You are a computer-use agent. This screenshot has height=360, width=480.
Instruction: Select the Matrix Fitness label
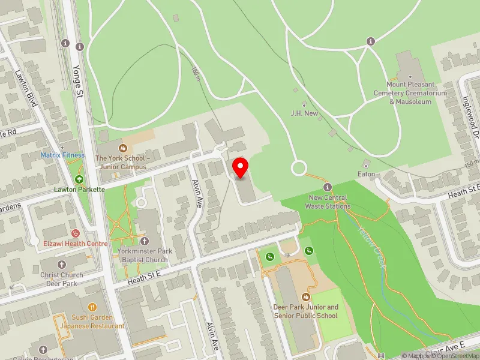pos(62,155)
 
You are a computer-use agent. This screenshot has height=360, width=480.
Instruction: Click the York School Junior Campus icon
pos(124,147)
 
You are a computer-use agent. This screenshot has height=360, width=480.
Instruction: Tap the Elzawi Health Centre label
pos(75,244)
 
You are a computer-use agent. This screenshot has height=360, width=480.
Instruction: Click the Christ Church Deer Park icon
pos(62,264)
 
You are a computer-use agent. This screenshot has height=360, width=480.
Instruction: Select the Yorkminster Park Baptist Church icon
pos(145,241)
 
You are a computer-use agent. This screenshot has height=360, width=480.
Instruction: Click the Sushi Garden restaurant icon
pos(92,307)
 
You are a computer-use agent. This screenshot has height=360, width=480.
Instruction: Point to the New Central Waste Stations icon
pos(328,187)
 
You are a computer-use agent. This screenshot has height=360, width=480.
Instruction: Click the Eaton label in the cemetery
pos(366,174)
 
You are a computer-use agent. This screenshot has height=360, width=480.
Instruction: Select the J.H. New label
pos(304,113)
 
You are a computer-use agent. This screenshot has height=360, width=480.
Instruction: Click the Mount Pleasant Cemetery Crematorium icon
pos(410,77)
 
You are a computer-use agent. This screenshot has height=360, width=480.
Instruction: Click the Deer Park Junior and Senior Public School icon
pos(306,297)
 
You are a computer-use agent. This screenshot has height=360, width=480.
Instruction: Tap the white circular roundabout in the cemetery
pos(299,168)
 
